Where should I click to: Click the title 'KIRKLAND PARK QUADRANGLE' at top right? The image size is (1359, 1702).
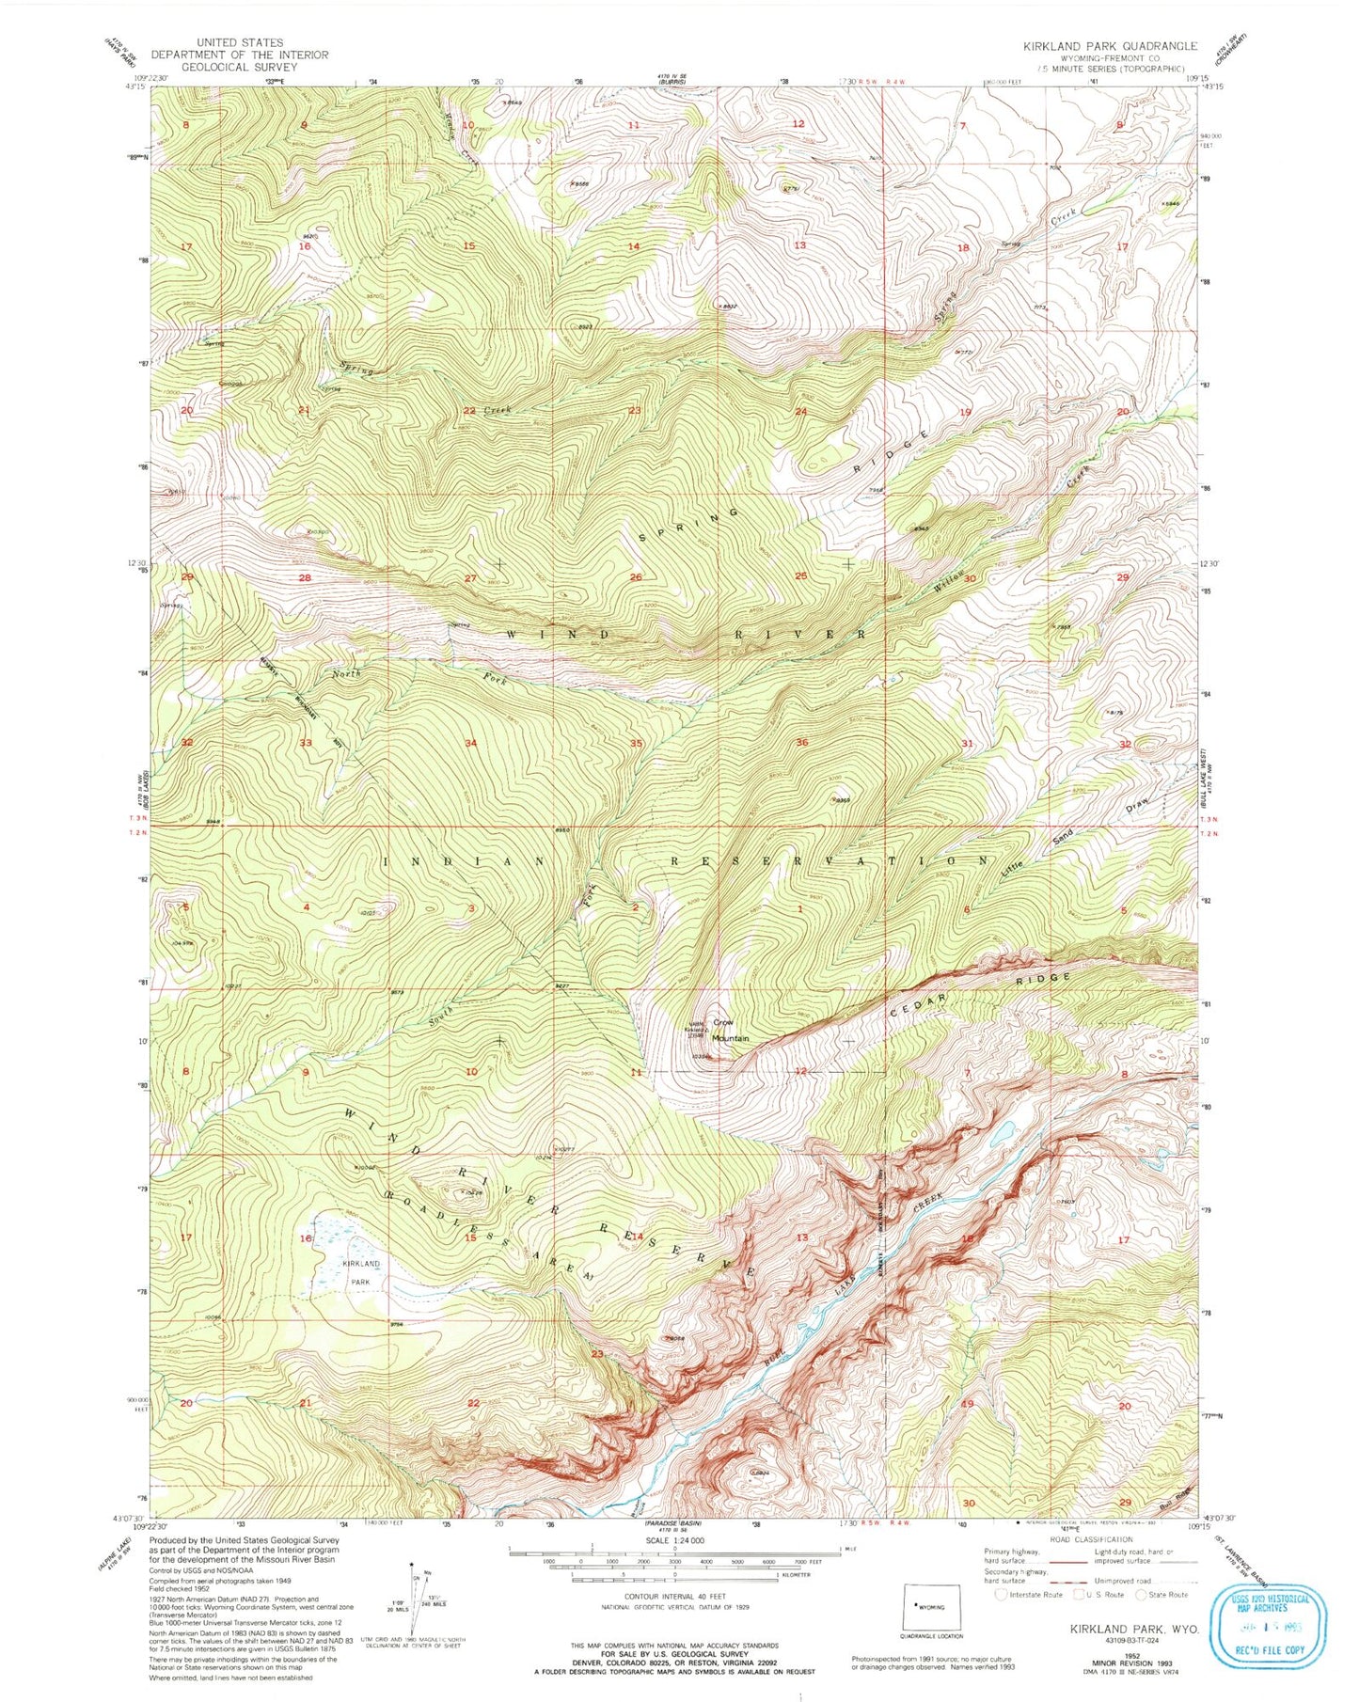pos(1111,45)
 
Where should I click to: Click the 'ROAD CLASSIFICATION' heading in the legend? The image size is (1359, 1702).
pos(1091,1539)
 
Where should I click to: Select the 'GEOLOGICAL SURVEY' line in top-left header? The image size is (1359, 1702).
pos(239,67)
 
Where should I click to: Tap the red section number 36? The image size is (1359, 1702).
pos(801,743)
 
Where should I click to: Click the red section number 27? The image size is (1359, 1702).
pos(470,578)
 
